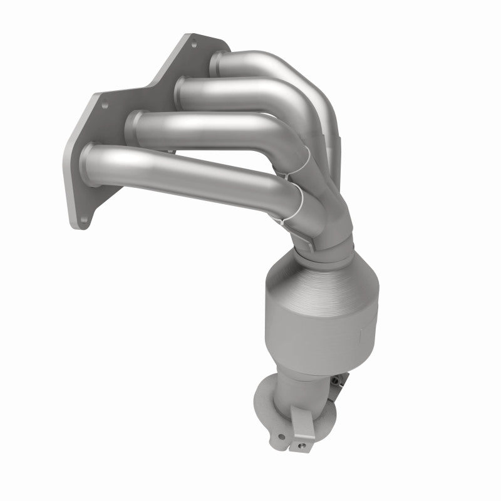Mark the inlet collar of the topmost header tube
(x=216, y=61)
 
